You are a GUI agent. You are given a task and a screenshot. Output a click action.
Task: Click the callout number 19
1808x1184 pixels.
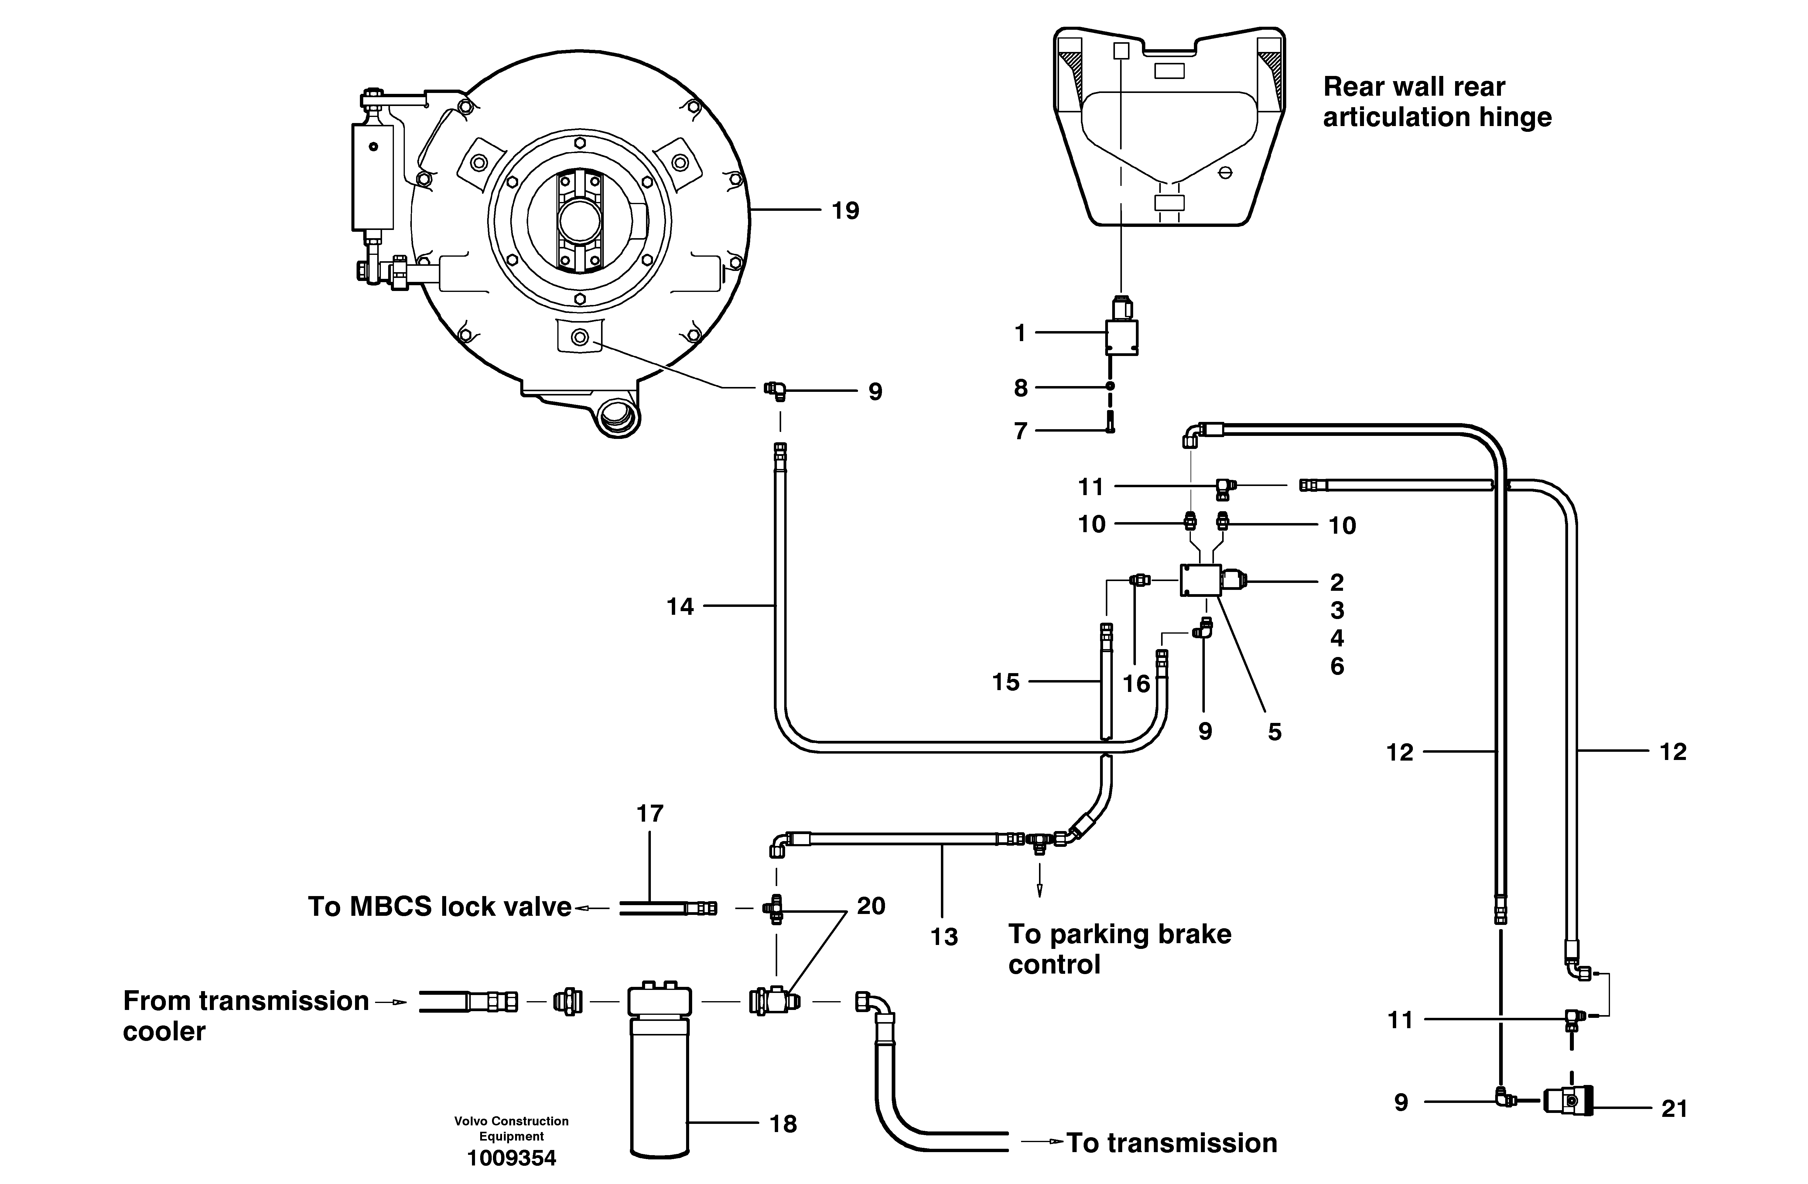[845, 210]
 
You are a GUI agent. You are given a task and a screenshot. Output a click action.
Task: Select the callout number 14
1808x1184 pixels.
[680, 607]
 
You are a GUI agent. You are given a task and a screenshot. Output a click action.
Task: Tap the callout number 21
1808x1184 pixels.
[1674, 1109]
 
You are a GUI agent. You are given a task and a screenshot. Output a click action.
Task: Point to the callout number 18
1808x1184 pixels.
[783, 1124]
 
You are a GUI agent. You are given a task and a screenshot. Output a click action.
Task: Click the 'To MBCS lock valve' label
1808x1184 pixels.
[439, 907]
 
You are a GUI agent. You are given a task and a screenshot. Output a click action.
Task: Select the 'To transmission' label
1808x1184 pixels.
[1171, 1143]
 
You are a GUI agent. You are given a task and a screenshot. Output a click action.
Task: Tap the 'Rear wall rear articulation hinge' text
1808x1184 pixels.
[1437, 102]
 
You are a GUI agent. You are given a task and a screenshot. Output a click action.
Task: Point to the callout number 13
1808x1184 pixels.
[944, 937]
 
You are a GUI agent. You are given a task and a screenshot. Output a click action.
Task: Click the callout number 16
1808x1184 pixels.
[1136, 684]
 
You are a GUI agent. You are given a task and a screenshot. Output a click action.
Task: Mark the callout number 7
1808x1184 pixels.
[1020, 431]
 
